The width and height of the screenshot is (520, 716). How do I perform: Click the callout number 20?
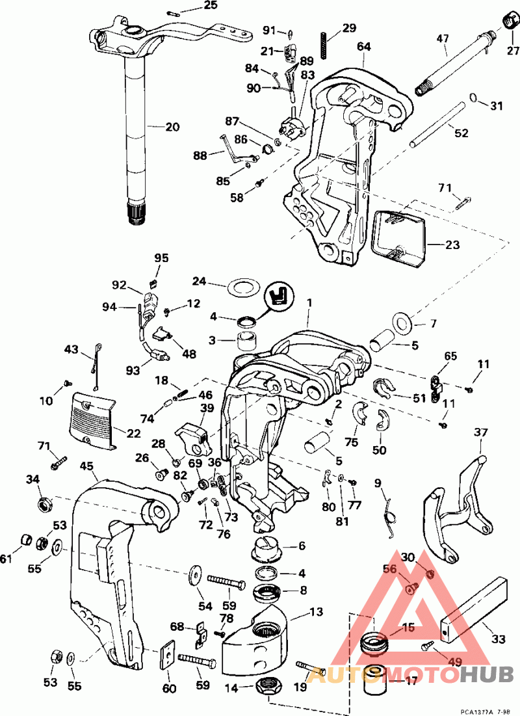[172, 127]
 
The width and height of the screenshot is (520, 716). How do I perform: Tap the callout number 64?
[364, 47]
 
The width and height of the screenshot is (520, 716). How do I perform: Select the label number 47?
[443, 40]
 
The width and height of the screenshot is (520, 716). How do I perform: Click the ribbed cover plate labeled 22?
[95, 420]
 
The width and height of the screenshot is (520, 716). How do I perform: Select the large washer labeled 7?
[400, 321]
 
